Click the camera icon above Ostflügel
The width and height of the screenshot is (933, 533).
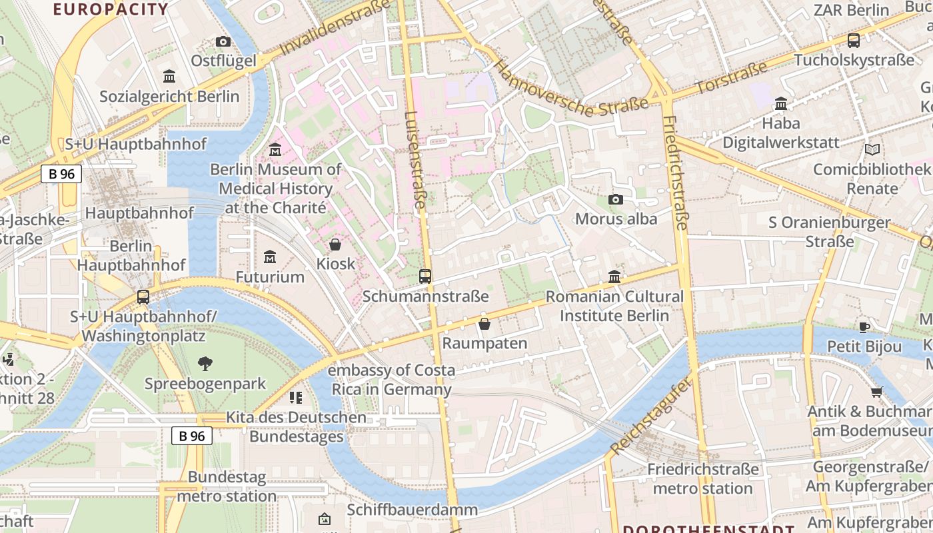223,42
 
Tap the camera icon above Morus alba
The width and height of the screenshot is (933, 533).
616,199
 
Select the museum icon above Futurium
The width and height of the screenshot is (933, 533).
270,257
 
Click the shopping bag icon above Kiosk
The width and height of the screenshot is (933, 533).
335,245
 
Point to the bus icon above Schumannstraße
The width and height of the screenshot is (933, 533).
425,276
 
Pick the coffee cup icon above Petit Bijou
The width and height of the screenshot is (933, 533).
864,326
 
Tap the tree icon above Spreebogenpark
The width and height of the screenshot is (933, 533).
205,364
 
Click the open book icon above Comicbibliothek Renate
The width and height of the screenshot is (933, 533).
872,150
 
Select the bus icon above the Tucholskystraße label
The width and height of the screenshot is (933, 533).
854,40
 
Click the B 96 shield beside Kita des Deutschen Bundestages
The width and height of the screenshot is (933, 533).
192,436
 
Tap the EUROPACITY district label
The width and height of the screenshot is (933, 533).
111,9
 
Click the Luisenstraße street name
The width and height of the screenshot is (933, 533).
414,160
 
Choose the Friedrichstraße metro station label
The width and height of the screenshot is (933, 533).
702,479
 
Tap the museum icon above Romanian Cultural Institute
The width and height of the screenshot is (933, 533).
614,276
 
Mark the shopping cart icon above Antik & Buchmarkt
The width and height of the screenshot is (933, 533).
876,392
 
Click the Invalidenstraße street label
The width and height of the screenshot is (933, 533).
335,29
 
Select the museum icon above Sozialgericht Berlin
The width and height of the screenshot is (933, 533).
169,77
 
